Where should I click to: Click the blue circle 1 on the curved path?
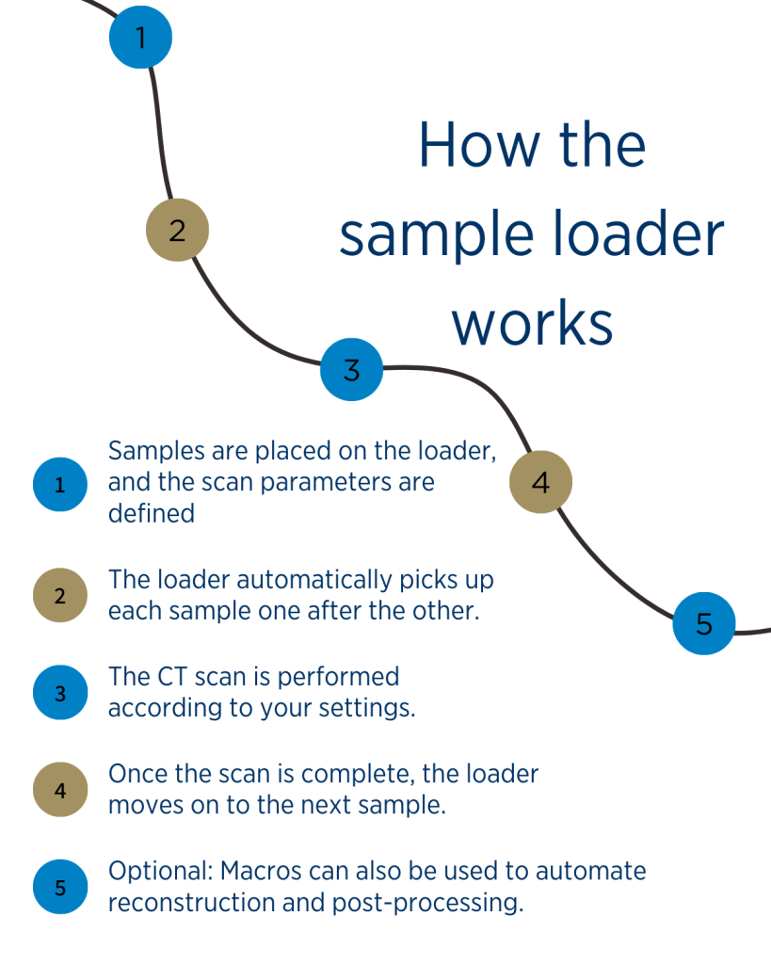click(140, 38)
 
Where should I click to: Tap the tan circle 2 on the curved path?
click(177, 230)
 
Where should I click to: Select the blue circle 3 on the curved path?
click(351, 369)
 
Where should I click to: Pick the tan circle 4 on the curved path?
click(540, 483)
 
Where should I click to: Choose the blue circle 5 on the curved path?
click(704, 622)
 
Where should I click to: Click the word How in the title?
click(469, 146)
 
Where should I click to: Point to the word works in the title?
click(533, 323)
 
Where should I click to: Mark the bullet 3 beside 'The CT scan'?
click(60, 694)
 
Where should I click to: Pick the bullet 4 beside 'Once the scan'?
click(60, 790)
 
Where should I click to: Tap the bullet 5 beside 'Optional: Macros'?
click(60, 886)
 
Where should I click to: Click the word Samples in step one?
click(152, 451)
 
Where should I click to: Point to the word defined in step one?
click(151, 514)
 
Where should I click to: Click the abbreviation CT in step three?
click(170, 676)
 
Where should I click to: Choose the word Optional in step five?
click(153, 871)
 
